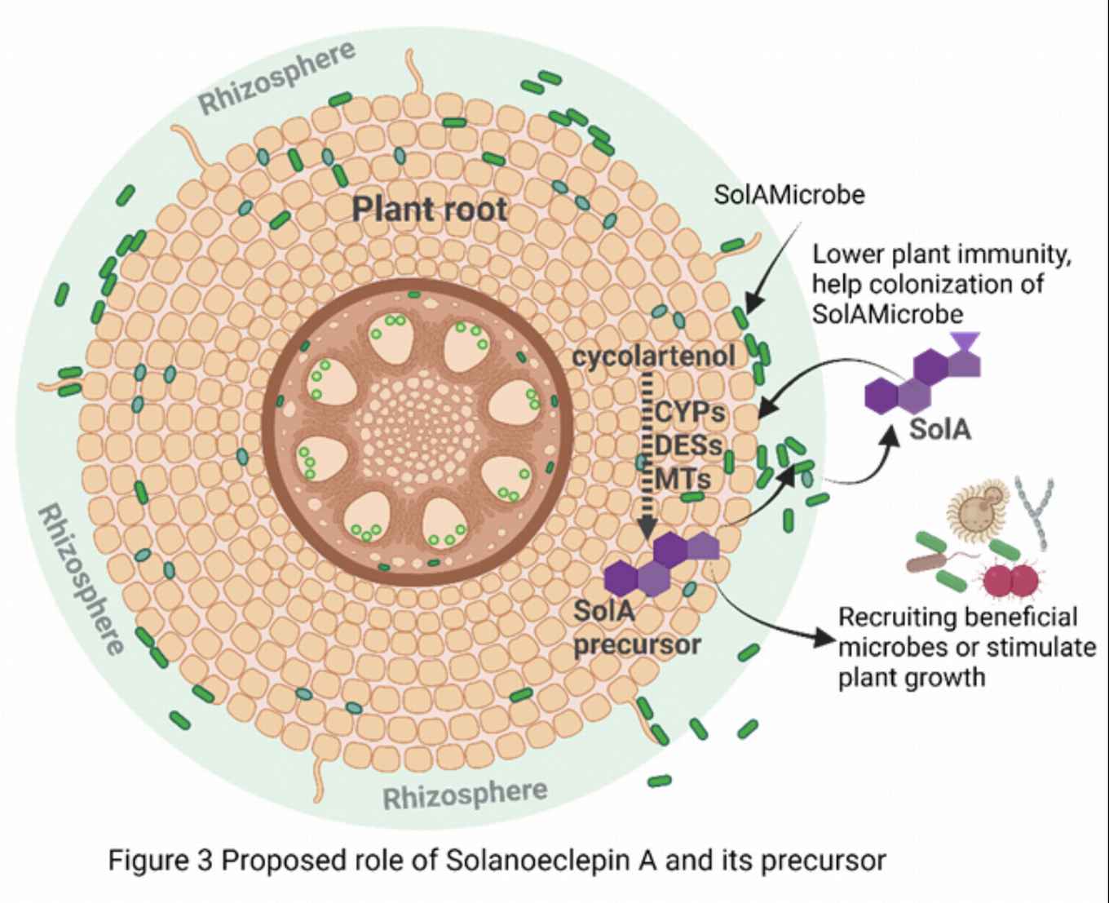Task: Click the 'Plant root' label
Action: [x=430, y=209]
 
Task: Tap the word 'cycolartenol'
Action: [x=653, y=356]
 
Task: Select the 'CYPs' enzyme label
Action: [x=690, y=412]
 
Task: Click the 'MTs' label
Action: [x=682, y=479]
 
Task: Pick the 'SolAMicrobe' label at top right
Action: [x=789, y=194]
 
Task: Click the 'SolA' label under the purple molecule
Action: [x=940, y=428]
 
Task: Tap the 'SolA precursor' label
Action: [x=636, y=627]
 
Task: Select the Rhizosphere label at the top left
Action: [x=277, y=77]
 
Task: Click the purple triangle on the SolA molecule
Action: [x=965, y=340]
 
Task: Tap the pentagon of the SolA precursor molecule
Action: [x=704, y=546]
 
